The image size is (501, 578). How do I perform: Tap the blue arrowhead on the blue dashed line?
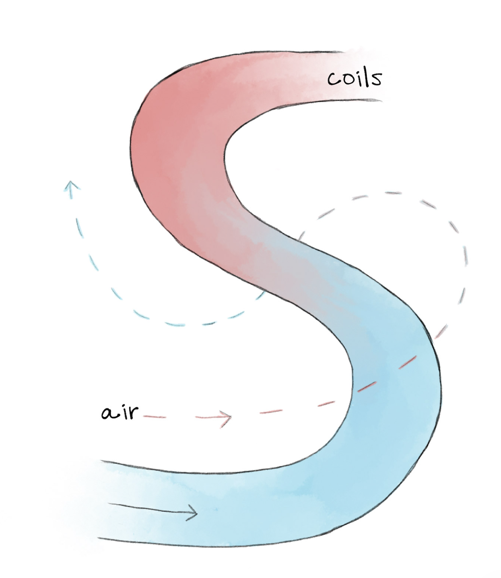coord(71,187)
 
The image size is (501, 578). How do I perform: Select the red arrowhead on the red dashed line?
coord(227,417)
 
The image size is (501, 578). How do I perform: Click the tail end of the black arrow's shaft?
coord(109,504)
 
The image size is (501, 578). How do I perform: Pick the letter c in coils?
coord(333,80)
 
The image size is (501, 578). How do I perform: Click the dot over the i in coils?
coord(357,72)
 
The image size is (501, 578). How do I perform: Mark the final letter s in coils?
coord(376,80)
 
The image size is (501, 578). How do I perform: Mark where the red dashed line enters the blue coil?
coord(356,392)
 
